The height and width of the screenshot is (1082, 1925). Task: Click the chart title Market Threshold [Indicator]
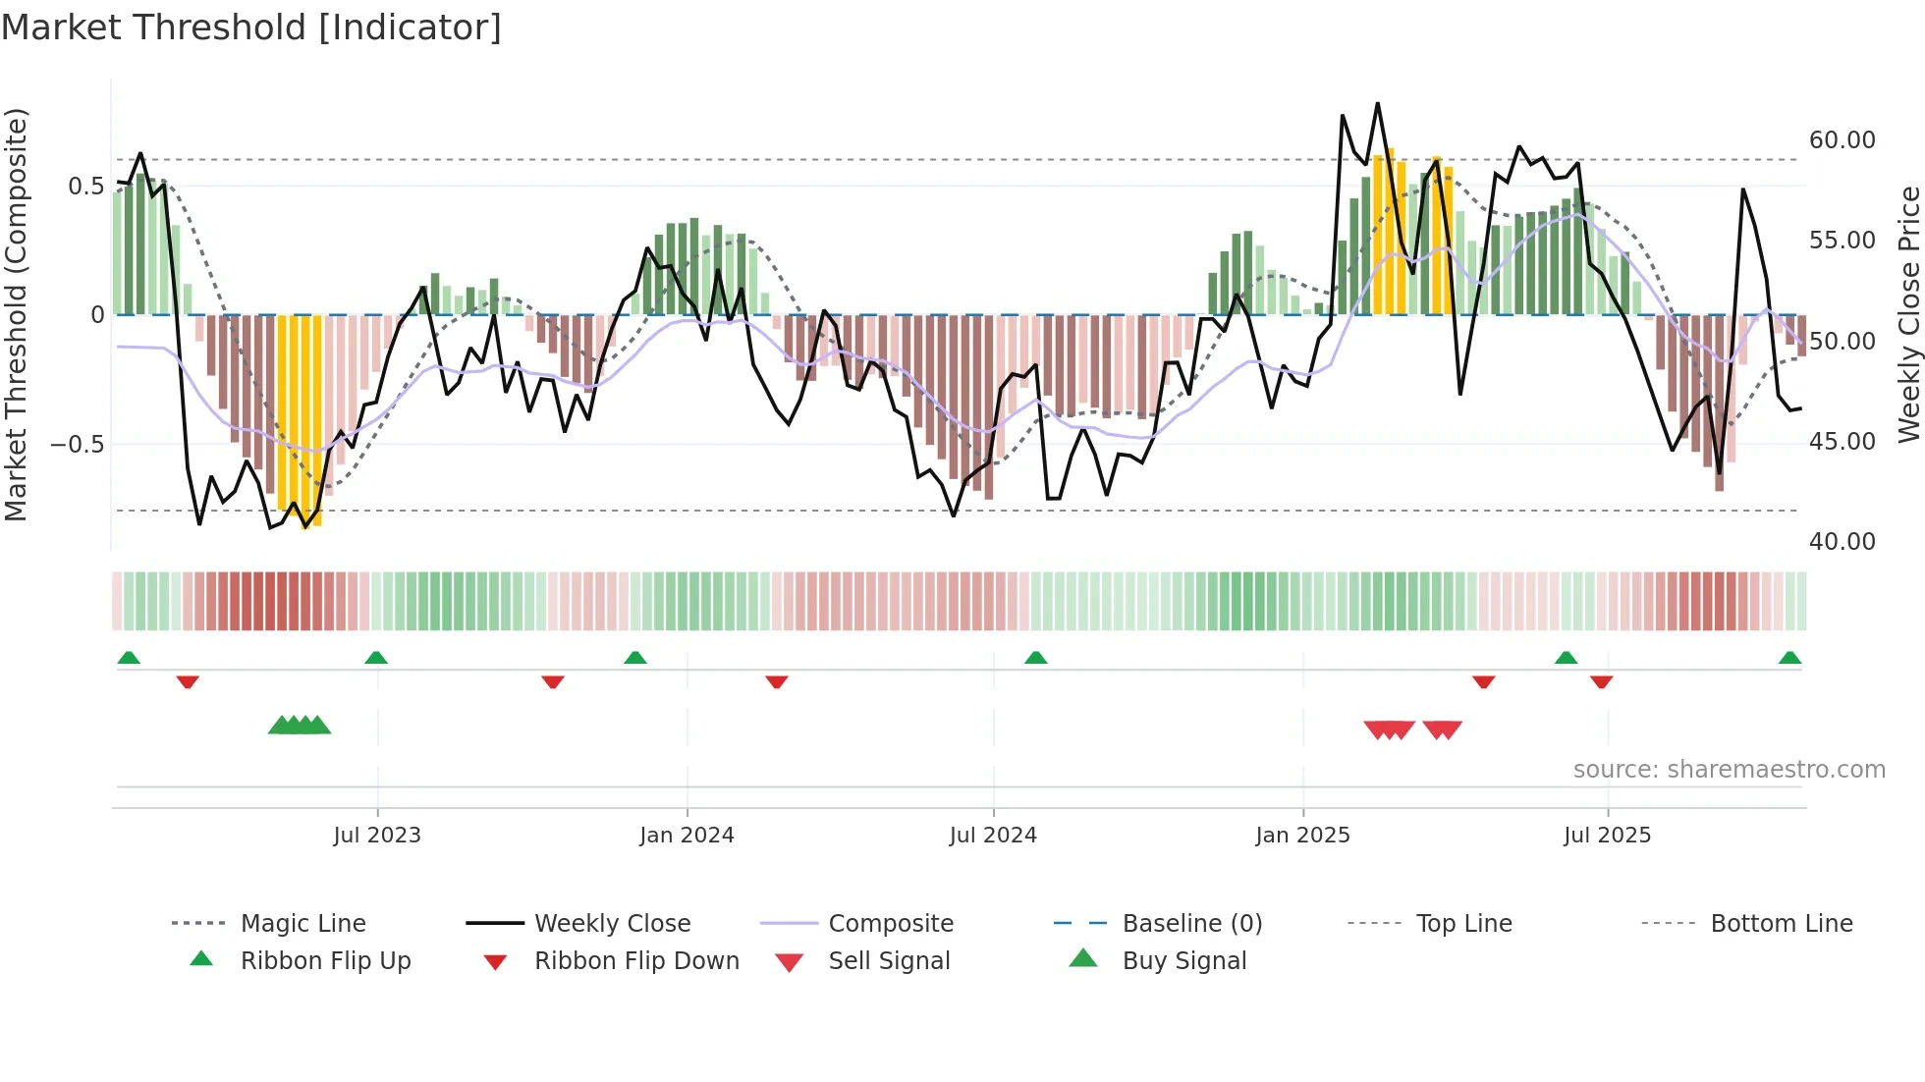coord(251,27)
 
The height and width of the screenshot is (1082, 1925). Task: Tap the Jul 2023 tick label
coord(377,836)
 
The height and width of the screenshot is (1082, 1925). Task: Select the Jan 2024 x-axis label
coord(687,836)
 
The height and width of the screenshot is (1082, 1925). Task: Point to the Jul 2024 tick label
coord(993,836)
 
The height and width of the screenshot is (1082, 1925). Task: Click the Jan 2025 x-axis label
coord(1302,836)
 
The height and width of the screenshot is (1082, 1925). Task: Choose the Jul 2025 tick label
coord(1607,836)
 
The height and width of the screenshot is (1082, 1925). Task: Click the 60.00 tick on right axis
coord(1842,140)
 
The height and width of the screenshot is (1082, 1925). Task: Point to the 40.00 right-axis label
coord(1842,542)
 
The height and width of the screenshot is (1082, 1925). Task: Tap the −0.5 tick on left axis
coord(77,445)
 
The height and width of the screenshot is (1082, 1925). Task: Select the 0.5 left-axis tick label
coord(85,187)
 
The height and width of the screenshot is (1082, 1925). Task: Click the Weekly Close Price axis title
coord(1908,314)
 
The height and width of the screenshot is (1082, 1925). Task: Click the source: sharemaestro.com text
coord(1729,770)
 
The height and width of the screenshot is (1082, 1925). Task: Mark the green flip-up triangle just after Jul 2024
coord(1035,658)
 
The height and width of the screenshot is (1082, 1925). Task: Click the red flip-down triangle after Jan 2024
coord(777,681)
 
